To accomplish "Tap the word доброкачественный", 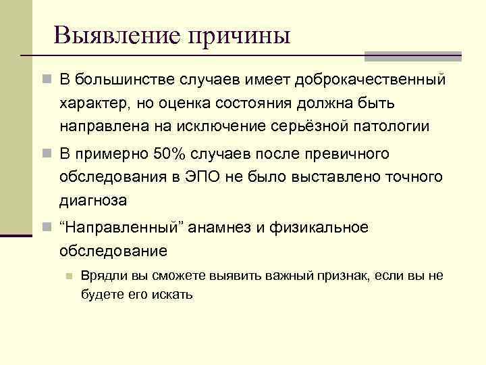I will click(x=379, y=80).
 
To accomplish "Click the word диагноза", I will click(x=92, y=201).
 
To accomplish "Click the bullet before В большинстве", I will click(x=45, y=80).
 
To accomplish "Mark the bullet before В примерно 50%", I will click(x=45, y=154).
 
